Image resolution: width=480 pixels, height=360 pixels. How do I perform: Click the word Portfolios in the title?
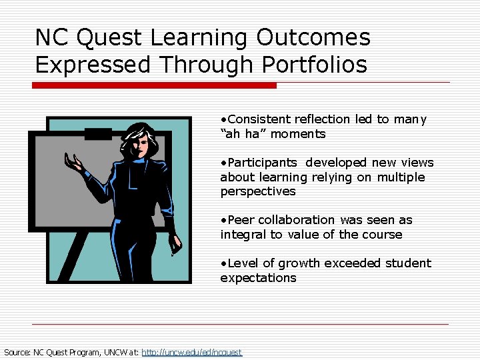pos(315,65)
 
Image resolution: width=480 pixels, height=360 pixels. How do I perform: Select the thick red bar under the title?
pos(154,85)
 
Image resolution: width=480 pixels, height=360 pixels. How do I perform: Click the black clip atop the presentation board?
pos(98,134)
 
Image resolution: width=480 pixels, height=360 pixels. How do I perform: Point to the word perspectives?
pos(258,191)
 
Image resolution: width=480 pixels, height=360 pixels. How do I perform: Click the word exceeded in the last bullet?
pos(351,263)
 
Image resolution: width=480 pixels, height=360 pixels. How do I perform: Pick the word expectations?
pos(258,278)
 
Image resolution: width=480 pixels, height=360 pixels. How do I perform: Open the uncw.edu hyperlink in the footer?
pos(192,352)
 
